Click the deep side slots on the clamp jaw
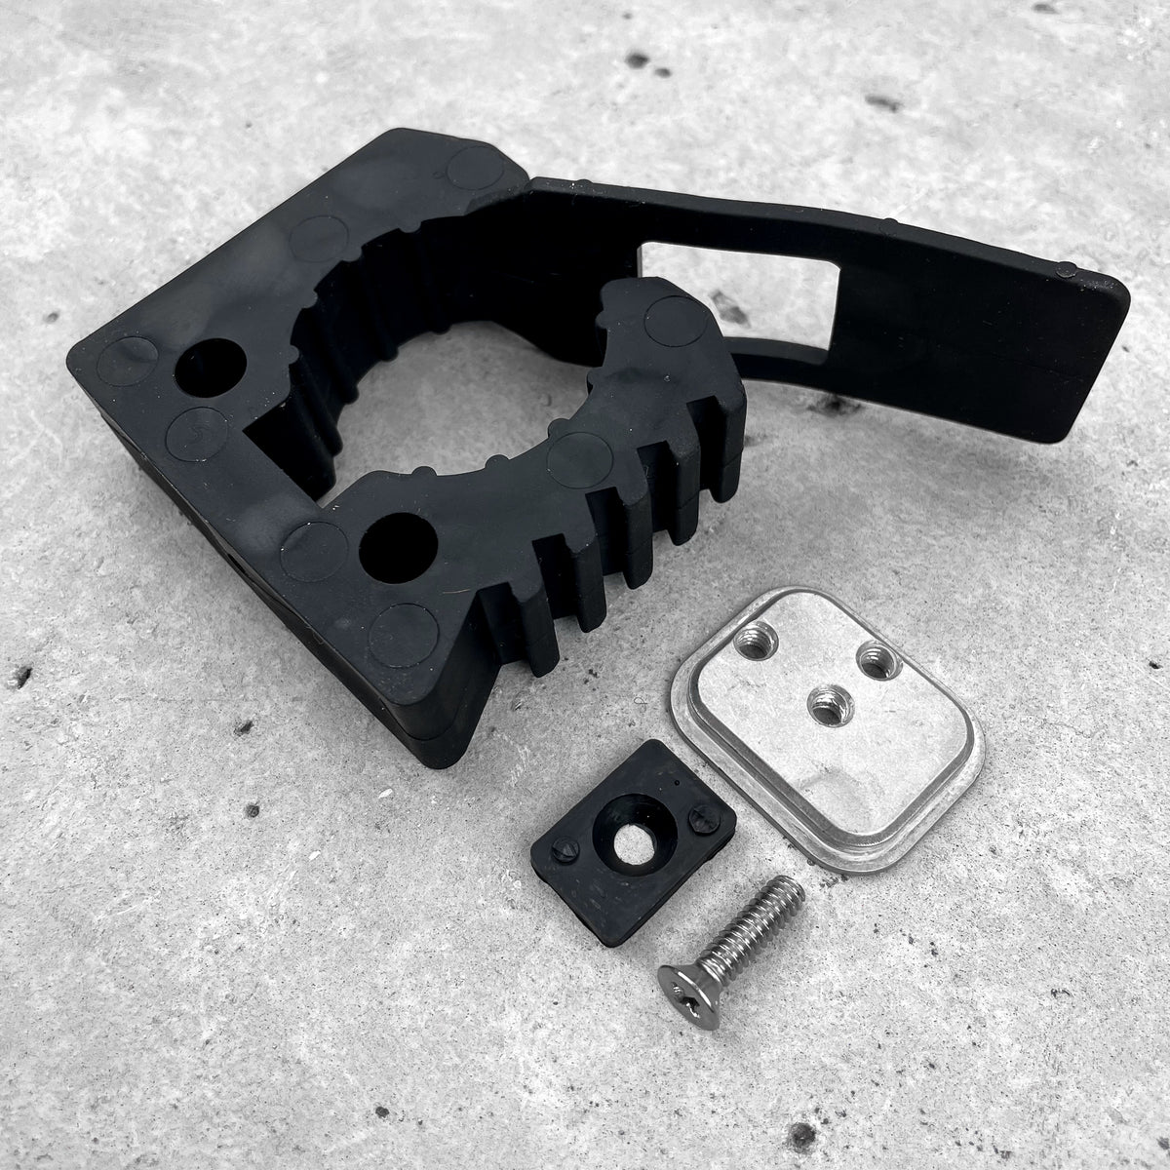pyautogui.click(x=604, y=556)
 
